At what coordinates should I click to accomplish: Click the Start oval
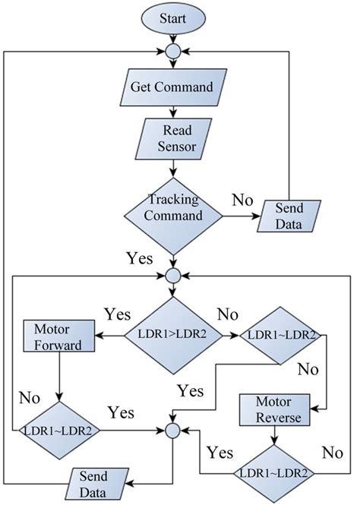click(173, 17)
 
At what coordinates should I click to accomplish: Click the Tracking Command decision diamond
click(173, 208)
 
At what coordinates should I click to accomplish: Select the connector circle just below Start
click(173, 53)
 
